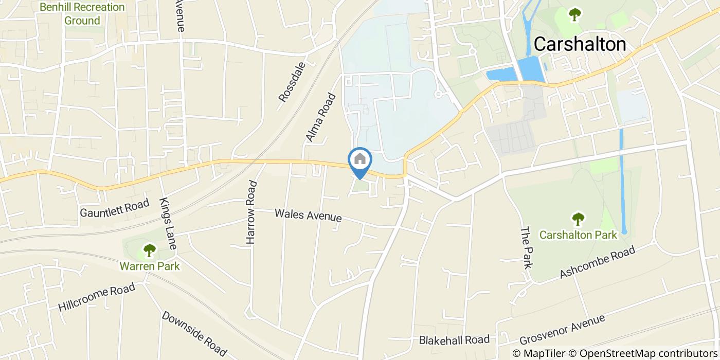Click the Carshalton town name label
580,45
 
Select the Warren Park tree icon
149,251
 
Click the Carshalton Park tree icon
578,219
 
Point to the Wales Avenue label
308,215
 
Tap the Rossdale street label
292,82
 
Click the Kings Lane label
168,224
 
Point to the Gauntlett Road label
114,208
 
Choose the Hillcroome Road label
96,297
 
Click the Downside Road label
194,333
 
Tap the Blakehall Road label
454,340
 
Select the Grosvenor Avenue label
562,330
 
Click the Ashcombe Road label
598,262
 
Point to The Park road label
526,248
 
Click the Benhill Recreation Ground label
82,14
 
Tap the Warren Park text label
150,266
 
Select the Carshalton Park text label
578,235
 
